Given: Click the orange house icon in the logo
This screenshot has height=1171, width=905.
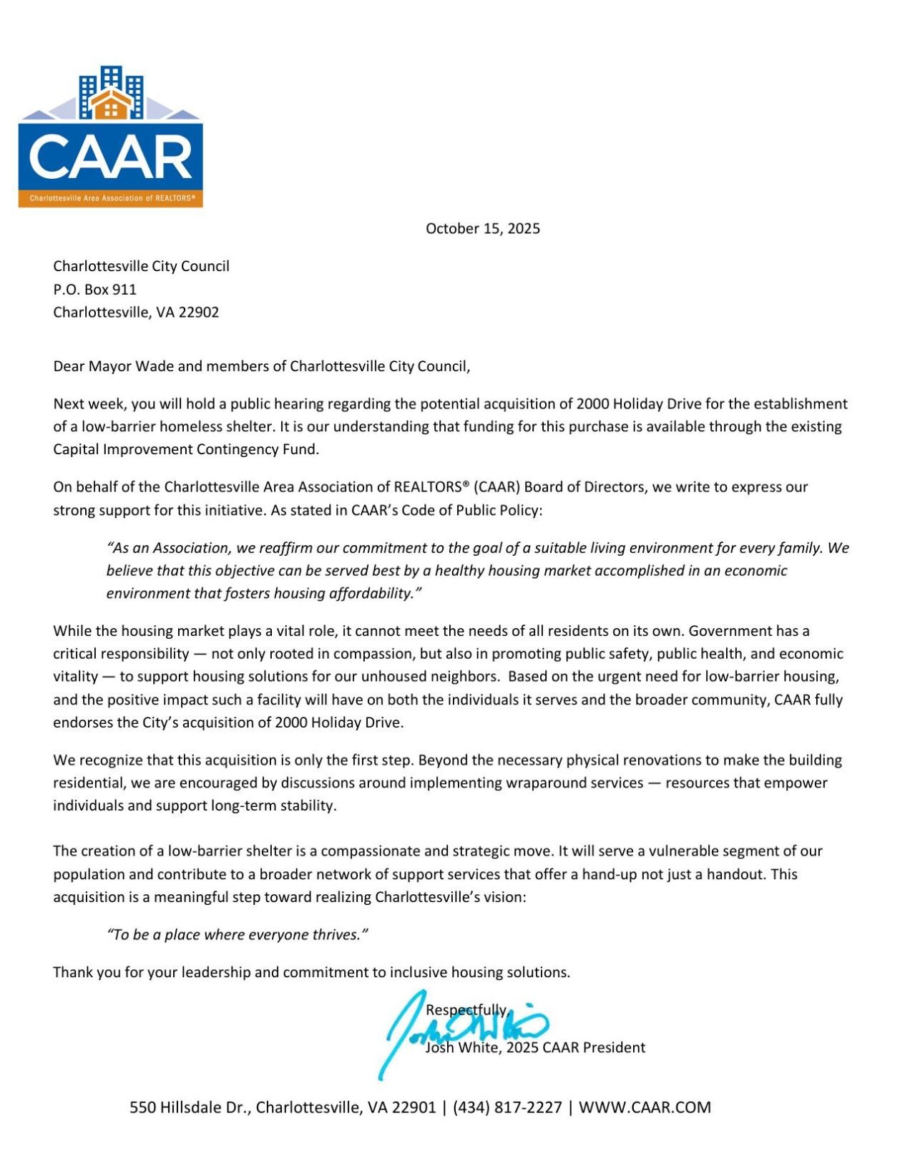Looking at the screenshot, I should (110, 104).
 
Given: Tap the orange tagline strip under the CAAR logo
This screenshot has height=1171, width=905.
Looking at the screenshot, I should (110, 198).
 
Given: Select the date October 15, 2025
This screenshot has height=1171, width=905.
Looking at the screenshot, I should (482, 228).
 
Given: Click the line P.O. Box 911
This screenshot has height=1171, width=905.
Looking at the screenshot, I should (94, 289).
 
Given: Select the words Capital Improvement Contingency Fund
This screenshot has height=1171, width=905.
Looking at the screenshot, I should (185, 449).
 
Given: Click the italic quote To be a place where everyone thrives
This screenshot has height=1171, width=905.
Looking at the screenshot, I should (237, 935).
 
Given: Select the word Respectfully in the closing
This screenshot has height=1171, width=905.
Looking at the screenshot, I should (466, 1009).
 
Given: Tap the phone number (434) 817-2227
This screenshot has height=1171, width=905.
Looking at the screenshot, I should (507, 1107).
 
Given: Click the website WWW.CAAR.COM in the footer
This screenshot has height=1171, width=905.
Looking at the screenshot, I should (645, 1107).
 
